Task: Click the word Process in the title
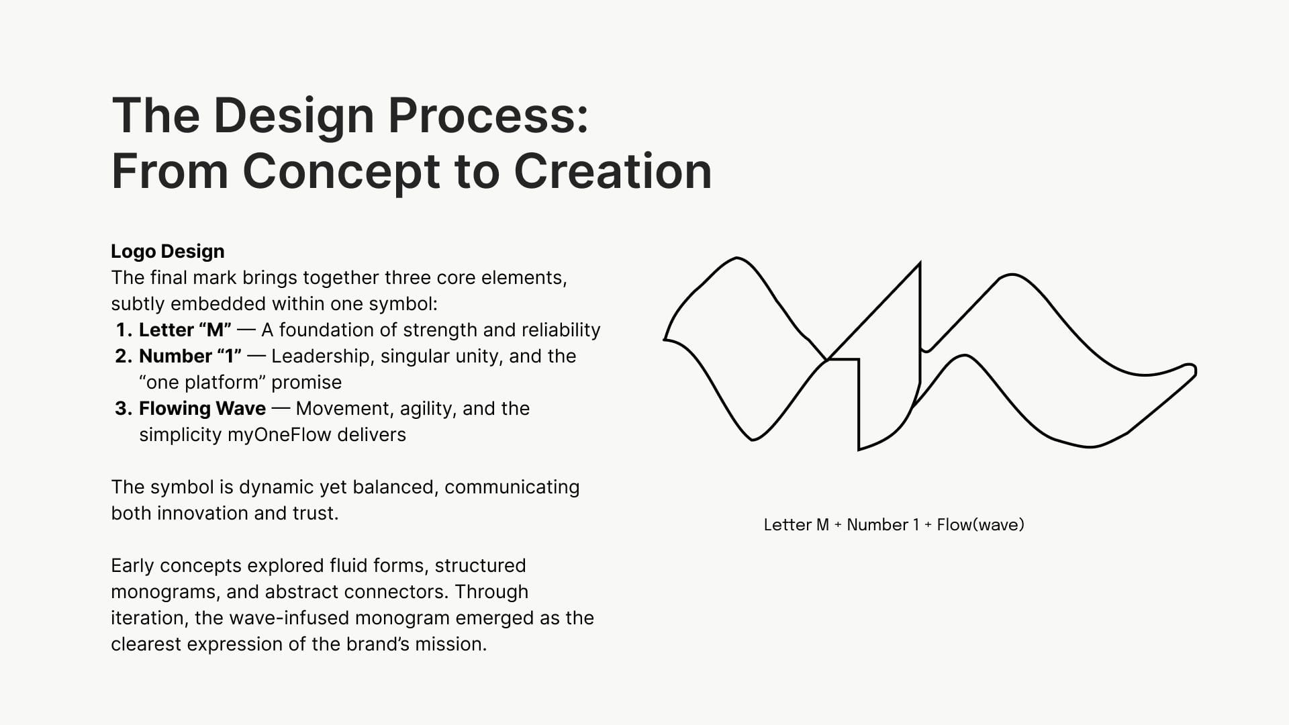[488, 115]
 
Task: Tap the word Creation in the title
[613, 171]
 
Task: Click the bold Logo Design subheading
[168, 252]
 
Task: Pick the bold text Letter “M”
[185, 330]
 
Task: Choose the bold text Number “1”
[191, 356]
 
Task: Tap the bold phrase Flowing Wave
[202, 409]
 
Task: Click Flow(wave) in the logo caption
[980, 525]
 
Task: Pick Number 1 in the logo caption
[883, 525]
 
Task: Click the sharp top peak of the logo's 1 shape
[919, 264]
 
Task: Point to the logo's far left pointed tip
[665, 340]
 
